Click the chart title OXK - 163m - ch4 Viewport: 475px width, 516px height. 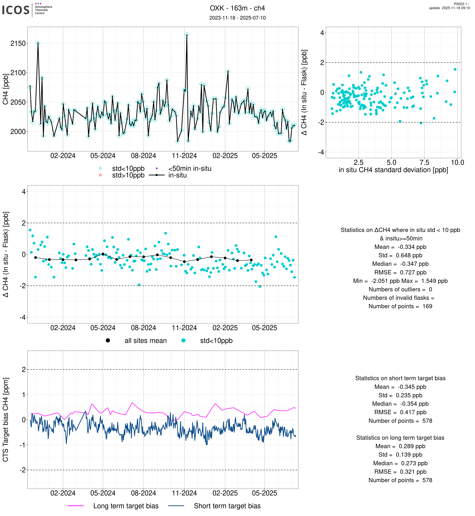237,8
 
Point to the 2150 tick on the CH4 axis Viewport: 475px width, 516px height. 18,43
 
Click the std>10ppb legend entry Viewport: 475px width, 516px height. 128,175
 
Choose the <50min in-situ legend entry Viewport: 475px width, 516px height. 190,169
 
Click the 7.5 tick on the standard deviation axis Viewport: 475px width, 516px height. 424,162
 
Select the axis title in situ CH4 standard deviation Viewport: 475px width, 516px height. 393,170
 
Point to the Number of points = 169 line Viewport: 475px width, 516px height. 400,306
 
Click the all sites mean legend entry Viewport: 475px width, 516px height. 145,341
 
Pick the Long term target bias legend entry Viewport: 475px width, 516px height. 126,506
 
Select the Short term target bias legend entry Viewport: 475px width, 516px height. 227,506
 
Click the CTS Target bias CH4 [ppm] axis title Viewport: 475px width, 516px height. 6,420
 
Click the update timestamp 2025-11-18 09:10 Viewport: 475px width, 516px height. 449,8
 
